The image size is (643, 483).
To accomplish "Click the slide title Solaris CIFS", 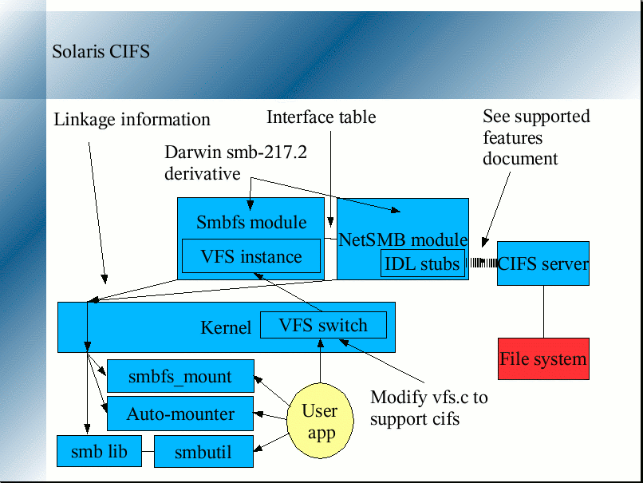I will coord(101,52).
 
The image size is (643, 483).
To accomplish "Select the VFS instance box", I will coord(251,257).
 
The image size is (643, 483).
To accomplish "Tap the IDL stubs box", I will coord(422,263).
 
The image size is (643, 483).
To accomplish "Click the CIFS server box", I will coord(543,263).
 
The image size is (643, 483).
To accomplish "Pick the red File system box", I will coord(543,359).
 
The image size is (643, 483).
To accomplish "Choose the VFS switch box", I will coord(323,325).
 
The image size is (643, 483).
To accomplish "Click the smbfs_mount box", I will coord(180,376).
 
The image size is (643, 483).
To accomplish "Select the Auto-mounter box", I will coord(180,414).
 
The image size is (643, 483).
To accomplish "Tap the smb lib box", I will coord(99,452).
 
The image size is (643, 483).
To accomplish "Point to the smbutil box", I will coord(203,452).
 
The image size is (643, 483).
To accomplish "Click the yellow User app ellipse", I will coord(320,422).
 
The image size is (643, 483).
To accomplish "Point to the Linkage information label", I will coord(132,120).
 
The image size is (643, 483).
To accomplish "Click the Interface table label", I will coord(321,117).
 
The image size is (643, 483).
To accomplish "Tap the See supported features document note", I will coord(535,137).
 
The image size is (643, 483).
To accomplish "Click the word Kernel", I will coord(226,327).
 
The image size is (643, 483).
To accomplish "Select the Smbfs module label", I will coord(251,222).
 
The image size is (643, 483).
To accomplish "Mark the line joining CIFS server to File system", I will coord(543,312).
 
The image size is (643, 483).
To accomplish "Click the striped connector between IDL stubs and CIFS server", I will coord(482,263).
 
